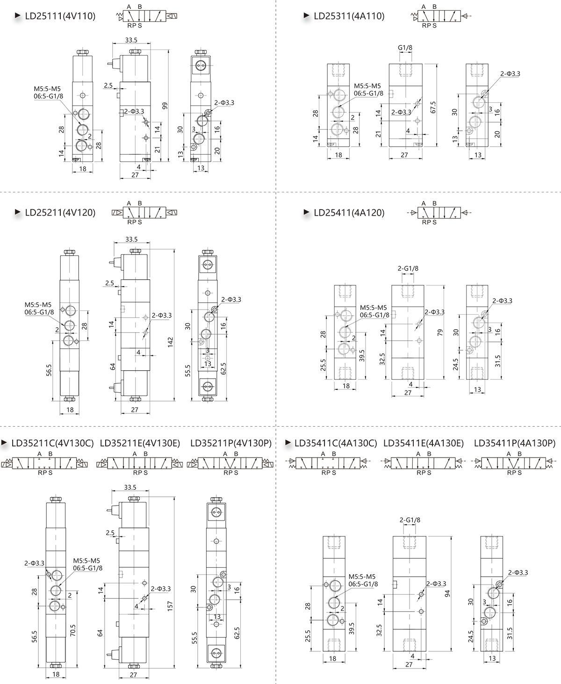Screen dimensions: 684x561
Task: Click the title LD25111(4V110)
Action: click(60, 16)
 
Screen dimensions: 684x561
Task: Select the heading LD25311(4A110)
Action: click(349, 16)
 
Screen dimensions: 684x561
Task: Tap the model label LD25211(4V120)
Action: click(60, 212)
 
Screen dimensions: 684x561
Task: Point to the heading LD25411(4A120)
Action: click(349, 212)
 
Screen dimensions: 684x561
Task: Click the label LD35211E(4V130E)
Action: click(140, 443)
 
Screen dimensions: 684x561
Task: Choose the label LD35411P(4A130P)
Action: click(515, 443)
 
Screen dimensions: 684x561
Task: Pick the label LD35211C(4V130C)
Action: click(53, 443)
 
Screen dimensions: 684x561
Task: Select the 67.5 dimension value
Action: click(433, 107)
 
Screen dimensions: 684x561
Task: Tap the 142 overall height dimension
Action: click(170, 341)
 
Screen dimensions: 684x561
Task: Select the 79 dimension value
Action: click(439, 332)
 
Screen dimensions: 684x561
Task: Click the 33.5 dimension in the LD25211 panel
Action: click(131, 240)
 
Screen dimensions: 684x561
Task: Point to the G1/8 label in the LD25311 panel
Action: click(405, 48)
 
